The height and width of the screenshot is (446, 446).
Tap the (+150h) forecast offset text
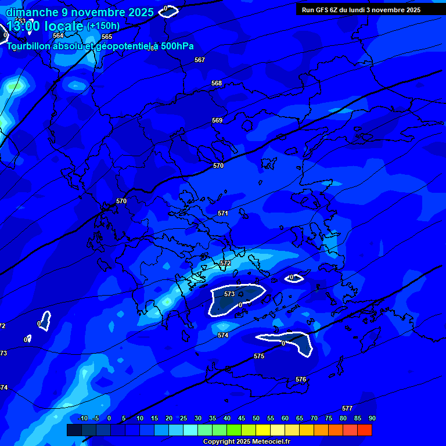103,26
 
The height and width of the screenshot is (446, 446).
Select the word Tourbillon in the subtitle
29,46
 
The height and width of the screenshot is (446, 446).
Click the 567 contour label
200,60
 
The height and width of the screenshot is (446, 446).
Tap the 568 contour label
217,83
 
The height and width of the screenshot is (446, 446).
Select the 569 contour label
217,120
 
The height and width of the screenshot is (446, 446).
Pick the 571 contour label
223,213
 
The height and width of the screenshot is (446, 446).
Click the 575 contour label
259,356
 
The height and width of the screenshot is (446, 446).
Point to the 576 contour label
301,379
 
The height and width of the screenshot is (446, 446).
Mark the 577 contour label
347,408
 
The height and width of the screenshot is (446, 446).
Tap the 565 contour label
107,37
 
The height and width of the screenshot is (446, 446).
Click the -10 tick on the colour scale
82,418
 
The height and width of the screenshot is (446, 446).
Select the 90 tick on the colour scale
372,418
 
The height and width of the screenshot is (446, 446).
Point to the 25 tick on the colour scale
184,418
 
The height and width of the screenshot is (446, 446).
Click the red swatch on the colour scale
364,430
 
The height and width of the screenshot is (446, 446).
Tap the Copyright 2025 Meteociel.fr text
246,441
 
